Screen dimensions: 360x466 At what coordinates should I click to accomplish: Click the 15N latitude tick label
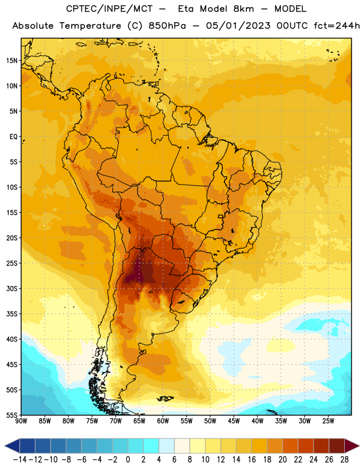tap(12, 61)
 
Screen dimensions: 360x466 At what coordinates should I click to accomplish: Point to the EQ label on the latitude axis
tap(13, 137)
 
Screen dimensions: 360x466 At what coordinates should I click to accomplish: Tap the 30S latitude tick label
tap(12, 288)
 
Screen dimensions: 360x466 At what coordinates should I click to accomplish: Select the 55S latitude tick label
tap(12, 415)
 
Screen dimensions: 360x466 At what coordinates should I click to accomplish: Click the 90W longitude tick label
tap(21, 421)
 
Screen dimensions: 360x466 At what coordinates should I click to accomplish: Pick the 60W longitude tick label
tap(163, 421)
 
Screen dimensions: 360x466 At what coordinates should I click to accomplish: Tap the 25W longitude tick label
tap(329, 421)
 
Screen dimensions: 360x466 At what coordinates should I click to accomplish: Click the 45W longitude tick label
tap(234, 421)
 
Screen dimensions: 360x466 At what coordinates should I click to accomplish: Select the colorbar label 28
tap(344, 460)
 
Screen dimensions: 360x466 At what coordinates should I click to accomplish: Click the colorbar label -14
tap(20, 460)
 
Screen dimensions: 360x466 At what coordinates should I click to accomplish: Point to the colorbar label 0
tap(128, 460)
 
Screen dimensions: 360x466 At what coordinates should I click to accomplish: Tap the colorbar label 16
tap(252, 460)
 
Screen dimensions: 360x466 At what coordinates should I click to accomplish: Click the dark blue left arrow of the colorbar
tap(12, 446)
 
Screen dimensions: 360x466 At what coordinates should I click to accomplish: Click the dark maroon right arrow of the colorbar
tap(352, 446)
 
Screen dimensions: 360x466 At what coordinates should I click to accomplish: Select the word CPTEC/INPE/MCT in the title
tap(110, 9)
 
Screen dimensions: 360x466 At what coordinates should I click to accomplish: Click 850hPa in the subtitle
tap(167, 26)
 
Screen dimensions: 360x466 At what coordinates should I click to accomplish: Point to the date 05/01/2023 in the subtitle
tap(238, 26)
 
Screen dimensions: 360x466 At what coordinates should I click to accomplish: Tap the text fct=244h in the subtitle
tap(337, 26)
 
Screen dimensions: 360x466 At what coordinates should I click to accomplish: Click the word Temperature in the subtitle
tap(90, 26)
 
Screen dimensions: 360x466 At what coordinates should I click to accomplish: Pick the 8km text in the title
tap(243, 9)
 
